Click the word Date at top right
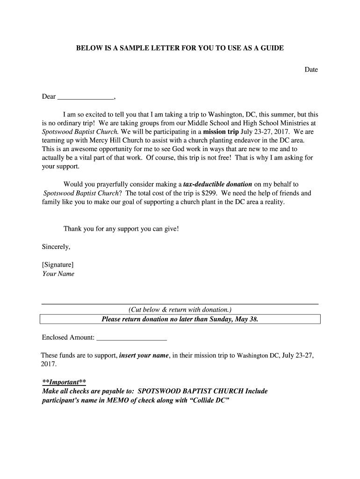point(311,70)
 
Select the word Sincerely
point(56,247)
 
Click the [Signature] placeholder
point(58,264)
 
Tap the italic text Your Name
point(58,274)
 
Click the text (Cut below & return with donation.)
point(180,310)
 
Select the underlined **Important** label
point(64,381)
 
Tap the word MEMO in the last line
point(111,400)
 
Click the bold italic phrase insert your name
point(144,356)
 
